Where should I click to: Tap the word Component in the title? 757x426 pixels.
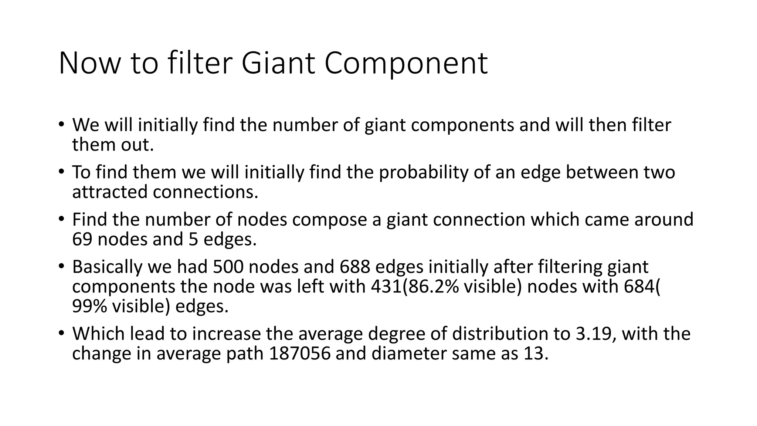click(x=406, y=63)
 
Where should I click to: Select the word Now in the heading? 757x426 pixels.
click(x=90, y=63)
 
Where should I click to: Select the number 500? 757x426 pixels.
click(x=228, y=267)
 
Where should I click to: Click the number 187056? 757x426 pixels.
click(x=299, y=354)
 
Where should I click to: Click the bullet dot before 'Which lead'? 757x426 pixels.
click(x=61, y=333)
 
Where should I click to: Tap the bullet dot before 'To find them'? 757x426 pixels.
click(x=61, y=172)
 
